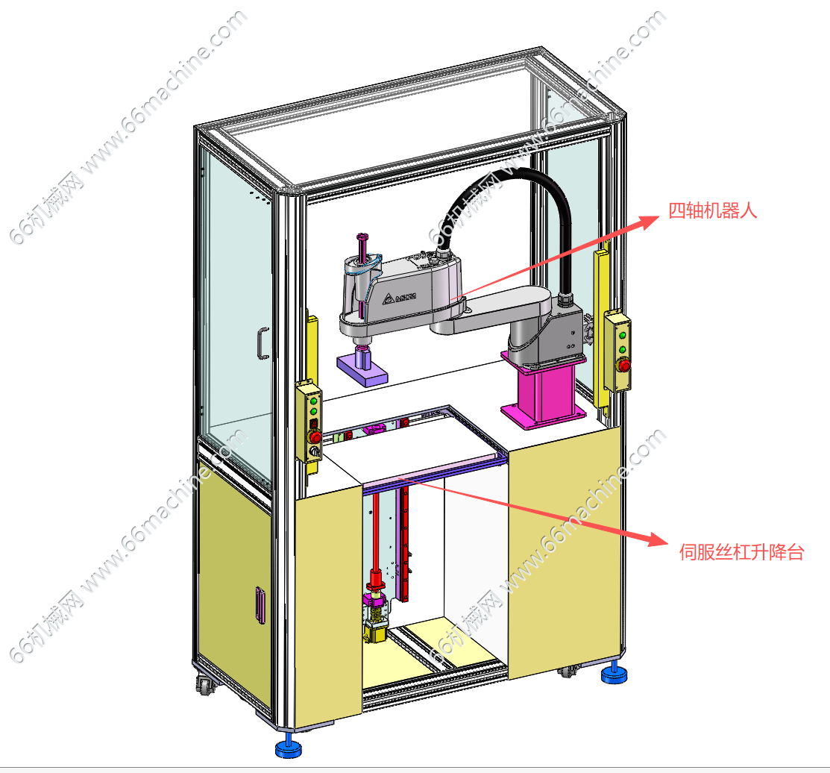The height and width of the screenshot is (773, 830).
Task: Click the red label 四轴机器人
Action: click(712, 210)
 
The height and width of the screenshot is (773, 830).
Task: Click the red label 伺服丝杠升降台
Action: click(741, 552)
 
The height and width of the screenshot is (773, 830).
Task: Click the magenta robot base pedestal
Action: click(544, 392)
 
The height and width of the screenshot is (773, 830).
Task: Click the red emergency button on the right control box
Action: click(625, 366)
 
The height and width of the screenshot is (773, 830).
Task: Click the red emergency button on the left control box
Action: click(315, 436)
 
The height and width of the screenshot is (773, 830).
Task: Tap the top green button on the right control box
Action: click(623, 335)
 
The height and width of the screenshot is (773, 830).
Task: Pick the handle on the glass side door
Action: click(262, 343)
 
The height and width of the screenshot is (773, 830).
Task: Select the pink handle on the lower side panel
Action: click(260, 604)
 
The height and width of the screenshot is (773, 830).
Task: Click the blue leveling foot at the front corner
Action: click(289, 747)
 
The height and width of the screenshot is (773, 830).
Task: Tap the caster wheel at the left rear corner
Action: click(205, 684)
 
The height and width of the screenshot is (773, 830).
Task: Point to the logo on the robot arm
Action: click(399, 298)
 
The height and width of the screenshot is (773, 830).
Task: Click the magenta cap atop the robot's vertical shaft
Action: click(362, 236)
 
